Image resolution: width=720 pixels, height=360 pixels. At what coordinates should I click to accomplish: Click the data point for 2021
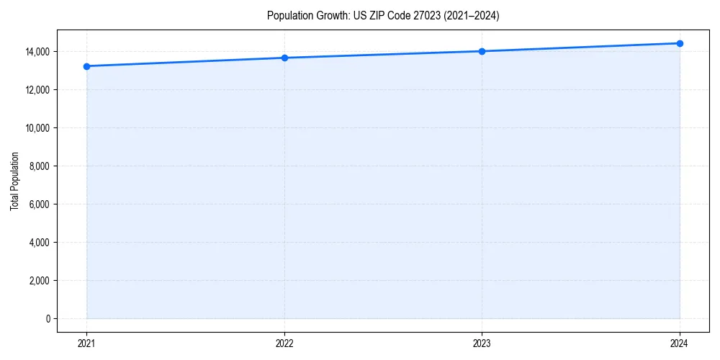point(86,66)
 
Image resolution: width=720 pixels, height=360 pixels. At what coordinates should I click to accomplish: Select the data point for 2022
point(284,58)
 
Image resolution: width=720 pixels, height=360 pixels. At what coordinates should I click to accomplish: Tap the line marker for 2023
point(482,51)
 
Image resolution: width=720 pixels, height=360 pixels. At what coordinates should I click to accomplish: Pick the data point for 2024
point(680,43)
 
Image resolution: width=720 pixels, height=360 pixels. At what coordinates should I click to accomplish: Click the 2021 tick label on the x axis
point(86,343)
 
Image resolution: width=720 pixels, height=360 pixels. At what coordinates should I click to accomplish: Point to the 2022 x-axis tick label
point(284,343)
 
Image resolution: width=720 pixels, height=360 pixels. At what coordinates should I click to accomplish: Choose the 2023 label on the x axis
point(482,343)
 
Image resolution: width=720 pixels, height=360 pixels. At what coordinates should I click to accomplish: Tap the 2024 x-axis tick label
point(680,343)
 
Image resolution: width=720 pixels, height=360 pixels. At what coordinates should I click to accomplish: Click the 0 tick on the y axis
point(48,319)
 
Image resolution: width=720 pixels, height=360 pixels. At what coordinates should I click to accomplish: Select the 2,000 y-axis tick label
point(40,281)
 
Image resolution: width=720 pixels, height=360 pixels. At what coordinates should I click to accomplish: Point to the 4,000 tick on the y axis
point(40,243)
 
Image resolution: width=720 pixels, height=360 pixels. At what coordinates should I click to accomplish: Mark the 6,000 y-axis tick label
point(40,204)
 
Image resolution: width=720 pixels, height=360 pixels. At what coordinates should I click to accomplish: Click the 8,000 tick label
point(40,166)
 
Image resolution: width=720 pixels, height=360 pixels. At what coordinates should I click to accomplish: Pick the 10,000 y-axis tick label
point(37,128)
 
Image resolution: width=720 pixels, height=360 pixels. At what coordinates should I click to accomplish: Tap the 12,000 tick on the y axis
point(37,90)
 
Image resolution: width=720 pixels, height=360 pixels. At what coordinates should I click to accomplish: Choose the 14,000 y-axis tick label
point(37,52)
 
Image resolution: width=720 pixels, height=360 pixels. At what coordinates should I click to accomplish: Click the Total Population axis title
point(14,181)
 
